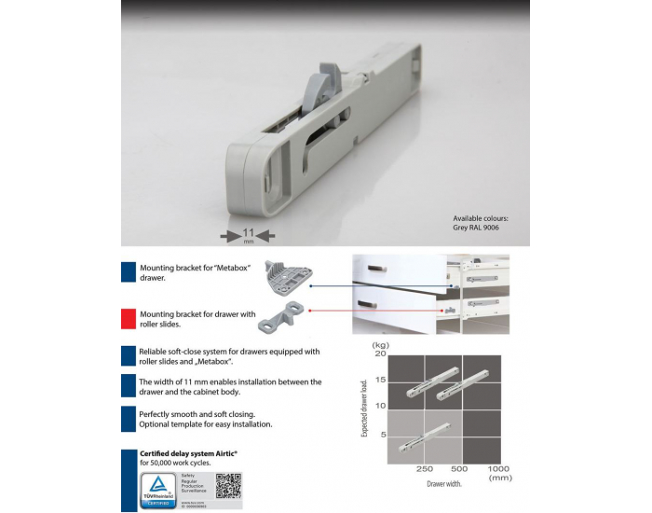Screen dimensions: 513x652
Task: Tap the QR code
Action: [x=228, y=486]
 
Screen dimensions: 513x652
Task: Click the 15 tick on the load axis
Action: [x=380, y=379]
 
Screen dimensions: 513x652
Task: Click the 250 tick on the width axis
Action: [x=426, y=468]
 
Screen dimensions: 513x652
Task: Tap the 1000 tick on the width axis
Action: [x=498, y=468]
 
